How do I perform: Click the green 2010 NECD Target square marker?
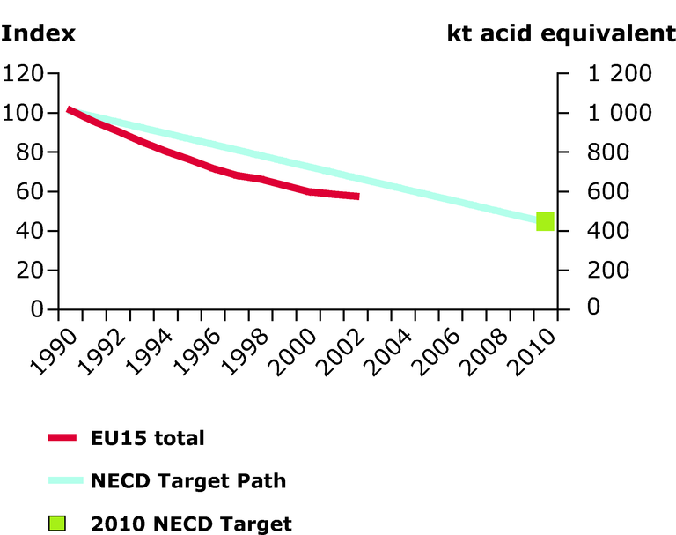545,221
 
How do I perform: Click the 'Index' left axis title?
39,35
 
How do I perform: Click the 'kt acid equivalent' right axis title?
561,35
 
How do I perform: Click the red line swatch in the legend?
63,437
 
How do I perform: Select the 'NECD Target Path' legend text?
187,480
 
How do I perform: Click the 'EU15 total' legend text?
147,437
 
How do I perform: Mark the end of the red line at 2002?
357,196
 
